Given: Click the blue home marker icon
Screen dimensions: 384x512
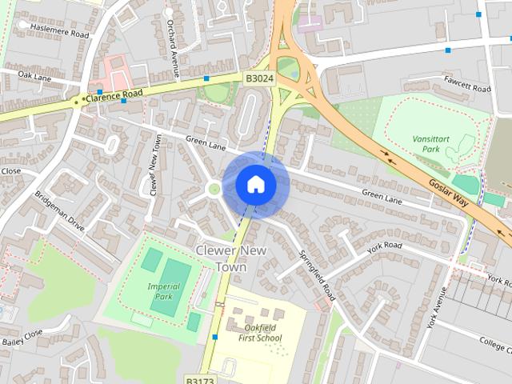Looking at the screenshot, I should click(x=256, y=184).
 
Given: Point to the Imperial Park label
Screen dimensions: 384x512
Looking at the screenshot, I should click(x=163, y=291).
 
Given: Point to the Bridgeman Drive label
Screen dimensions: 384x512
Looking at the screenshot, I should click(x=59, y=211).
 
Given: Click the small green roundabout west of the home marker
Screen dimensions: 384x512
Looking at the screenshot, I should click(x=214, y=190).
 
